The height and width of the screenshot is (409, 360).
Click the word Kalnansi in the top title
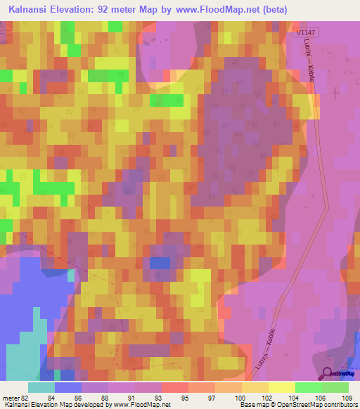coord(28,8)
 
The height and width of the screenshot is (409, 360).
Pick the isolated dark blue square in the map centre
coord(159,263)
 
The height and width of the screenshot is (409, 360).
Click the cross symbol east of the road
coord(336,92)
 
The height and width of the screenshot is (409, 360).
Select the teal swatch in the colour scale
coord(41,387)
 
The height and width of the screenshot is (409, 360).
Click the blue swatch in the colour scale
coord(68,387)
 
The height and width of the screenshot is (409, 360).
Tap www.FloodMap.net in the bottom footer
coord(139,405)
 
